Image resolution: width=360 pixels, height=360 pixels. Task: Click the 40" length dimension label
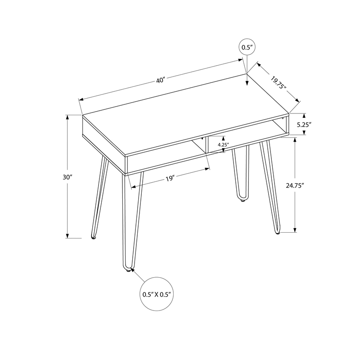click(x=161, y=81)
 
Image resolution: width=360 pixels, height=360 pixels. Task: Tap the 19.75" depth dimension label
click(x=279, y=83)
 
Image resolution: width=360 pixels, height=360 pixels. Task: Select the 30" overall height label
click(x=68, y=177)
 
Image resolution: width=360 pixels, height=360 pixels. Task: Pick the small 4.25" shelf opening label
click(x=223, y=145)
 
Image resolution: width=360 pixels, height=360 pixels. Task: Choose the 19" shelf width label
click(x=169, y=179)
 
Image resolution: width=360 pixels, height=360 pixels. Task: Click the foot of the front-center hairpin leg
click(x=128, y=270)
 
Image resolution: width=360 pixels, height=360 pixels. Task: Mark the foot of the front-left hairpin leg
click(x=93, y=237)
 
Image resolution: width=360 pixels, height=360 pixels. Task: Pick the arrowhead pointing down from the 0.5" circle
click(x=246, y=82)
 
